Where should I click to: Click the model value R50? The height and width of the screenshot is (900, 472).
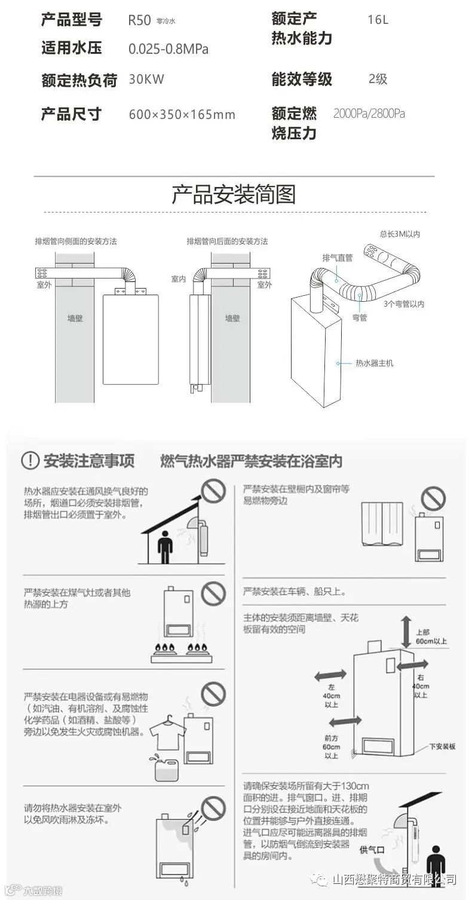coord(139,20)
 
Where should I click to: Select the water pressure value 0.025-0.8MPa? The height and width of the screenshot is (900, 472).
coord(168,49)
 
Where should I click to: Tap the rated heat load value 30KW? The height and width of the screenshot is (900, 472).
coord(146,79)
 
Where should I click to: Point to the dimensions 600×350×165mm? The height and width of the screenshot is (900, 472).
coord(182,114)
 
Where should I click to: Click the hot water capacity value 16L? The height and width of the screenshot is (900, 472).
coord(378,20)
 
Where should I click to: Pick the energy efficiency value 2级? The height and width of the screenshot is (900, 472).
coord(378,79)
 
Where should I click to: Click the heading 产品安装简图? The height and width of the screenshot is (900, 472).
coord(234,194)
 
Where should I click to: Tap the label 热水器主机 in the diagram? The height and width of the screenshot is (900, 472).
coord(375,363)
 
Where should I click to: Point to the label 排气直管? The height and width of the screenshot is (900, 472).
coord(338,258)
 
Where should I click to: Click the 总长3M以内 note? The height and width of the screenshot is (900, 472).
coord(400,234)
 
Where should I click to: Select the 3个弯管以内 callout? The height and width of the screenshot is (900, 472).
coord(404,304)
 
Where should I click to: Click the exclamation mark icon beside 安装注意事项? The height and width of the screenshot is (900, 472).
coord(30,460)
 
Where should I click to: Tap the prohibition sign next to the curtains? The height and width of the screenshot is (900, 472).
coord(433,498)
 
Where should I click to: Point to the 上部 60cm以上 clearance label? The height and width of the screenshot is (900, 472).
coord(431,636)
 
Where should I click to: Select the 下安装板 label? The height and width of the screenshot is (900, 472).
coord(442,746)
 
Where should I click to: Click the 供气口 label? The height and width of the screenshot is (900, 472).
coord(372,849)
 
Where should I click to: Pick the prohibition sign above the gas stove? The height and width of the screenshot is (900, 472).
coord(213,593)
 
